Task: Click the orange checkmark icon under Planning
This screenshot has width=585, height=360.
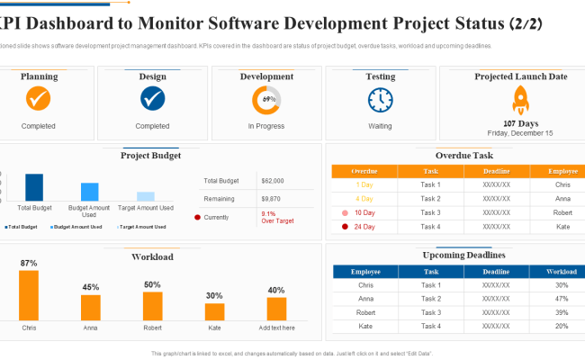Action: [39, 98]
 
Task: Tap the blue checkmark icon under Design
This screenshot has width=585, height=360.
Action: [153, 98]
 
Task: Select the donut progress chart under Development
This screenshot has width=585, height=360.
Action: [266, 98]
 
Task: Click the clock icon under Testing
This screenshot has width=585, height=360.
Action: [380, 98]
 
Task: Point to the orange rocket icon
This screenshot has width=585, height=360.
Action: [520, 99]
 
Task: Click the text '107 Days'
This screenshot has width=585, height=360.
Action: [520, 122]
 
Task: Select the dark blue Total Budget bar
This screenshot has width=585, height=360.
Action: [34, 187]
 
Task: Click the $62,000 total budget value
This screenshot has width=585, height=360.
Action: [272, 181]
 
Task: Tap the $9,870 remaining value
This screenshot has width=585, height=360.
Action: [270, 198]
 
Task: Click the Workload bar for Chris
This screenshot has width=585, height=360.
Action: [29, 295]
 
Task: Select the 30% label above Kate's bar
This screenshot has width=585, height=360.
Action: [214, 295]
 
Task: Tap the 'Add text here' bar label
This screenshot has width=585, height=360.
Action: [275, 328]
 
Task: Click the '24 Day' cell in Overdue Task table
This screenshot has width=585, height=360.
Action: [364, 226]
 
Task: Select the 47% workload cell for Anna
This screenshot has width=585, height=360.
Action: [562, 299]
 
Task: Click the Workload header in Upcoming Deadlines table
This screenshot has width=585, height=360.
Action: [562, 271]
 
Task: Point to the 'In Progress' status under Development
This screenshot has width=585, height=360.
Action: [266, 126]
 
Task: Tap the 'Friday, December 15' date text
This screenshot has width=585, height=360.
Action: [520, 132]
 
